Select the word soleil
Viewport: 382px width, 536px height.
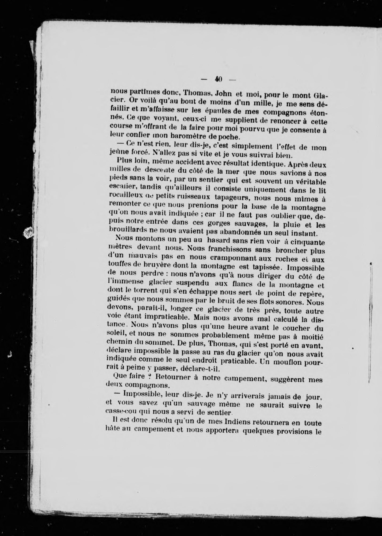pyautogui.click(x=117, y=335)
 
